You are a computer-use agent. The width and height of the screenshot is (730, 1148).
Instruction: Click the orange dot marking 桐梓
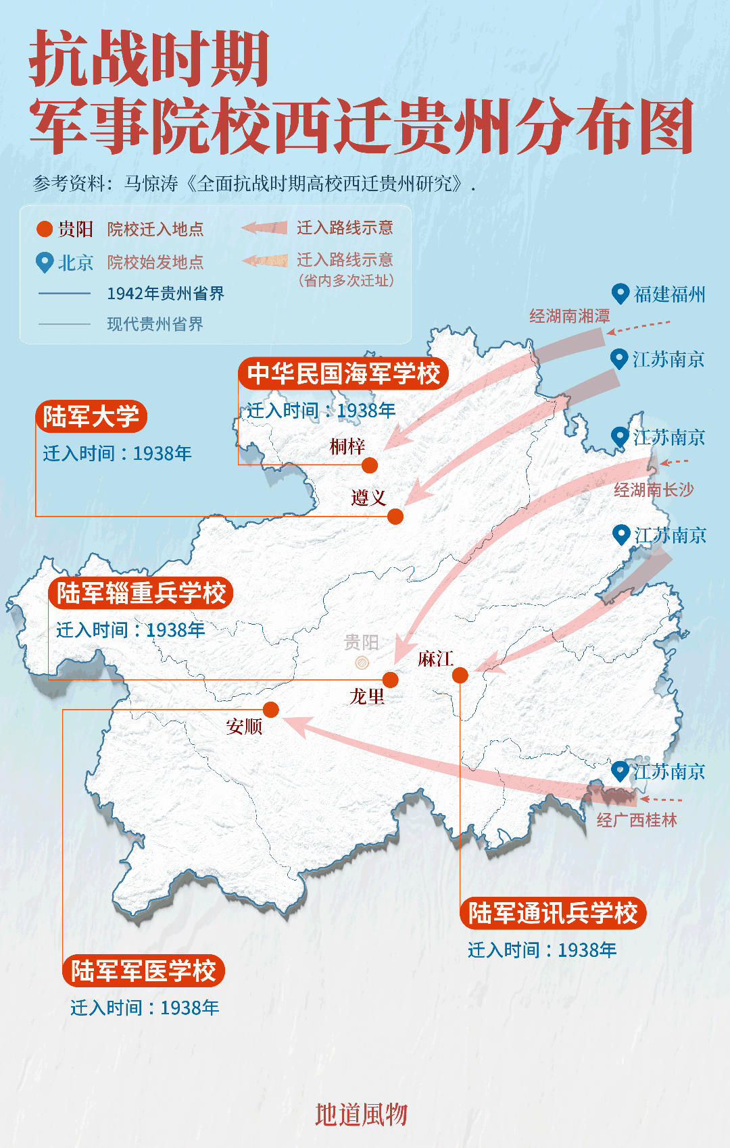point(370,465)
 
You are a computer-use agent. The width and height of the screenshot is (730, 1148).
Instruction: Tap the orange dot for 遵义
point(395,517)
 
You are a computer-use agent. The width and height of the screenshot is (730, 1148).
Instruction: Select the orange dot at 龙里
point(391,679)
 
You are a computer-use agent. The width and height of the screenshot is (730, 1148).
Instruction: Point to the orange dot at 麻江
point(460,675)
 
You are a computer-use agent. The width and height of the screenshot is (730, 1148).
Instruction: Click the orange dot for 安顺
point(271,709)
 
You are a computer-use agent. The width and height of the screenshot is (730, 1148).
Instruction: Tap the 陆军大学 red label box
point(91,416)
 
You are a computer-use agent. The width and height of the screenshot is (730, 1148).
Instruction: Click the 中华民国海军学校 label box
point(343,373)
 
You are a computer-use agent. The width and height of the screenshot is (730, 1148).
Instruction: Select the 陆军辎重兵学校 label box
point(141,593)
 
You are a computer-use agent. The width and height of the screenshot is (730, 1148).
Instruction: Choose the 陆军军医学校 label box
point(143,970)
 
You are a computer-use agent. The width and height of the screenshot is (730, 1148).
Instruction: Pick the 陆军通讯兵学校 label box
point(553,913)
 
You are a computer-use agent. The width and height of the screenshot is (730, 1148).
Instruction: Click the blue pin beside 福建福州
point(620,294)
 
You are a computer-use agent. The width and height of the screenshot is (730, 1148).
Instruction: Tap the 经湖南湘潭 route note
point(569,316)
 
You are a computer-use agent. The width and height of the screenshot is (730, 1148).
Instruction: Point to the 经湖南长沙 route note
point(654,490)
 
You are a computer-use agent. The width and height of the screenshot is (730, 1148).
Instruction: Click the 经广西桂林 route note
point(637,820)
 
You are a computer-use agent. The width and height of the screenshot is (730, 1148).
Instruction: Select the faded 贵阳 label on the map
point(362,642)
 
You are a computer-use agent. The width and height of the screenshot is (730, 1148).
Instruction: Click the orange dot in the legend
point(45,230)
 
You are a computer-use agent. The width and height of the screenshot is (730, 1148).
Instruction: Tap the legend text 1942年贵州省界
point(166,294)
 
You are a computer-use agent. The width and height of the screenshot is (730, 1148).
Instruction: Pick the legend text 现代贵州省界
point(155,324)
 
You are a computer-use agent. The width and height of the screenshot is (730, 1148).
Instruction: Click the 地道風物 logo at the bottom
point(362,1114)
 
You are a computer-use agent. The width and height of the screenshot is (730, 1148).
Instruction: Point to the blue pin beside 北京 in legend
point(45,261)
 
